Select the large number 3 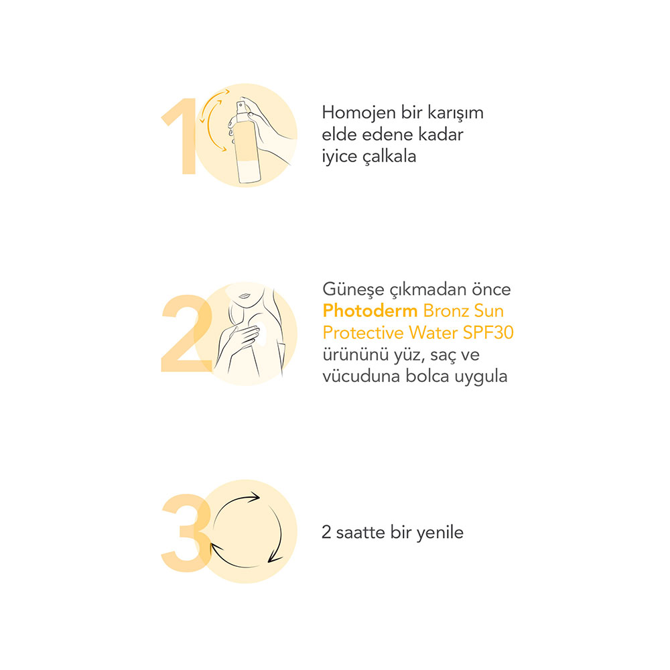tap(186, 533)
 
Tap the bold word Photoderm tap(370, 311)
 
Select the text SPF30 tap(488, 332)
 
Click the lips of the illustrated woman tap(245, 295)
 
